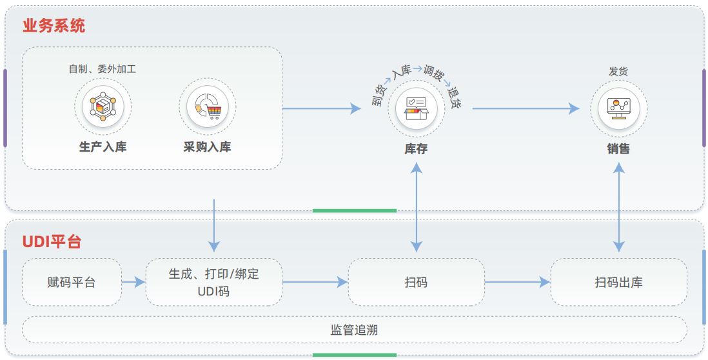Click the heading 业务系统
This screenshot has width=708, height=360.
[x=54, y=26]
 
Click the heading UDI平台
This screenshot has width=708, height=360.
[x=52, y=243]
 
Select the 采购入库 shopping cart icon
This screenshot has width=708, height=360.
[x=208, y=107]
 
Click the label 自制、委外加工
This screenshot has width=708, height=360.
[x=103, y=69]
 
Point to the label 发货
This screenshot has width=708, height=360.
[x=618, y=72]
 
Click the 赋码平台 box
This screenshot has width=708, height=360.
[x=72, y=282]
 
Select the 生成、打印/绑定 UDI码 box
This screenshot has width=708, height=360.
[x=213, y=282]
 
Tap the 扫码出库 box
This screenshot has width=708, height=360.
[x=618, y=282]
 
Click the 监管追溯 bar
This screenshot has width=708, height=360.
[x=354, y=330]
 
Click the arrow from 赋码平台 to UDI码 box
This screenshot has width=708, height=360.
[x=133, y=282]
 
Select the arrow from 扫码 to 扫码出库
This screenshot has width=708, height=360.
[x=517, y=282]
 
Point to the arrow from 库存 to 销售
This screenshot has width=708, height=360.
[x=526, y=108]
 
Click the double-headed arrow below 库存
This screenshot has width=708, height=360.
[x=417, y=206]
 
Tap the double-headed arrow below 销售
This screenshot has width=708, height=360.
[x=619, y=206]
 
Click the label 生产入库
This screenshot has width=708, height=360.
[x=103, y=147]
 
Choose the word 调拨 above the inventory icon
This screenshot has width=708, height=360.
[x=433, y=73]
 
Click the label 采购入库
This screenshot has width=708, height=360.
[x=207, y=147]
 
